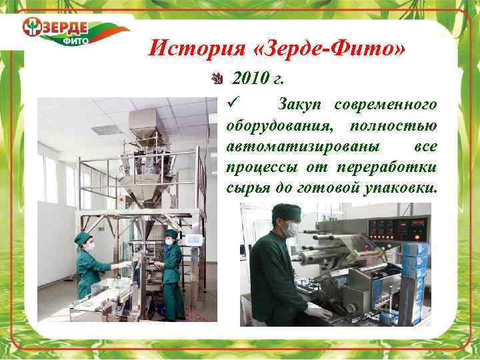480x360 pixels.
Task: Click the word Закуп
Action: click(301, 105)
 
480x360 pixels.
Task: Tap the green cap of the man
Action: click(285, 211)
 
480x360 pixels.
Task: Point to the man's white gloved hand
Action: click(317, 311)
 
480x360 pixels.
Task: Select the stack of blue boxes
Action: click(415, 267)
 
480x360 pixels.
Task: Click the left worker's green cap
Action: click(82, 237)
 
